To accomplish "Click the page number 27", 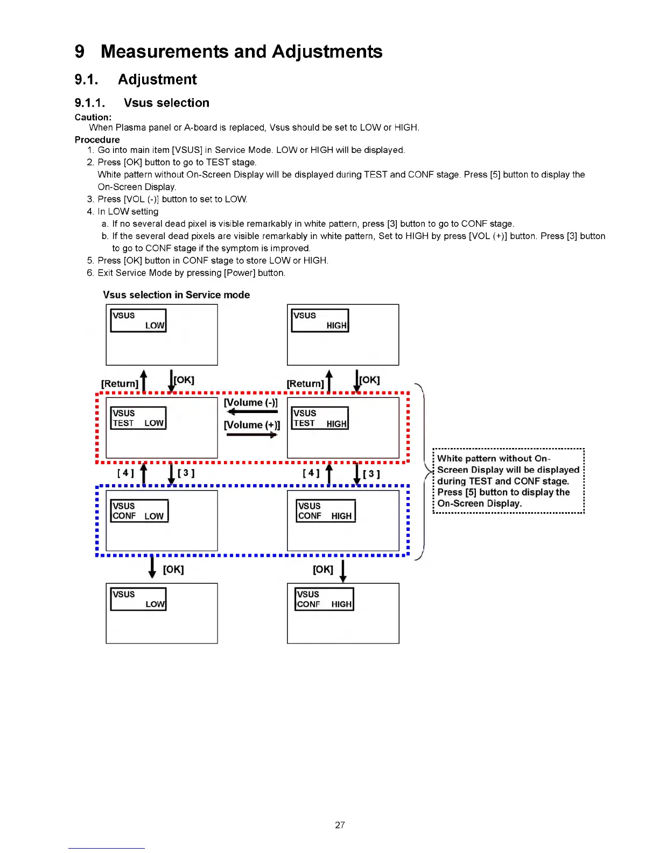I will pos(340,824).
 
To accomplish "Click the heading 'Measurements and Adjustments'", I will pos(241,52).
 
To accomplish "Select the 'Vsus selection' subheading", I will pos(166,103).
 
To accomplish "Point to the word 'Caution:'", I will pos(93,117).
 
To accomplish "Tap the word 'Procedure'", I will pos(97,139).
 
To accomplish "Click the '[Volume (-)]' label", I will pos(251,402).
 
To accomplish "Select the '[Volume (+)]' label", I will pos(252,425).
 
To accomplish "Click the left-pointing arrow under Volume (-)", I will pos(252,412).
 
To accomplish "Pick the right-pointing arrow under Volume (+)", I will pos(252,435).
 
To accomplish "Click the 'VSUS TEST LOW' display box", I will pos(138,418).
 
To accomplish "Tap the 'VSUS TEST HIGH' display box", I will pos(320,418).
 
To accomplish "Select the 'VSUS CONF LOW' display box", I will pos(139,511).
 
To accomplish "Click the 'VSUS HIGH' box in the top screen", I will pos(320,320).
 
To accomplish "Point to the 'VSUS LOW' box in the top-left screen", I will pos(138,320).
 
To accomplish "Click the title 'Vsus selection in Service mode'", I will pos(177,295).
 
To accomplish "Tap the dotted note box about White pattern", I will pos(508,481).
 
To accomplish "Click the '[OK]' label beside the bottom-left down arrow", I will pos(173,569).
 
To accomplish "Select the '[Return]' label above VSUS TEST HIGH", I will pos(305,383).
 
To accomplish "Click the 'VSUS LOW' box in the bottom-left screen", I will pos(138,599).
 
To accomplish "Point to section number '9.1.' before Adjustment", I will pos(86,80).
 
